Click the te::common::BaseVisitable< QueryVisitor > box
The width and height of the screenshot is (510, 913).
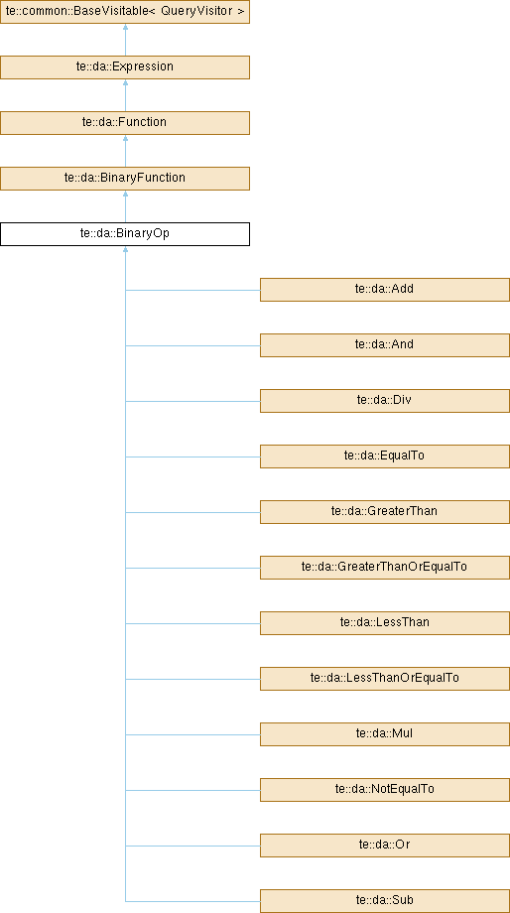click(x=125, y=12)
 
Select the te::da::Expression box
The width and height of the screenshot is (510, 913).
click(x=125, y=66)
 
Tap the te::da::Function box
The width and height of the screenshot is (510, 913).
click(x=125, y=123)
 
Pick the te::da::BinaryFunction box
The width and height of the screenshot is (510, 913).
click(x=125, y=179)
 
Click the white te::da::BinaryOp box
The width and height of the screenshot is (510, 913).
click(x=125, y=234)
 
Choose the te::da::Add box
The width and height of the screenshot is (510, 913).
click(x=385, y=290)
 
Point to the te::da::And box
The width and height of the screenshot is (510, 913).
click(x=385, y=345)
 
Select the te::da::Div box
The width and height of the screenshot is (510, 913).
click(x=385, y=401)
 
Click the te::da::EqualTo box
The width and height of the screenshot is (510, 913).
click(x=385, y=456)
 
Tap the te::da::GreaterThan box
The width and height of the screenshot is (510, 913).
click(x=385, y=512)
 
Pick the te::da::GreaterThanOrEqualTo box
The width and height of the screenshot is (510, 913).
click(x=385, y=568)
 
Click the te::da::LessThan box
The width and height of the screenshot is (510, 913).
click(x=385, y=623)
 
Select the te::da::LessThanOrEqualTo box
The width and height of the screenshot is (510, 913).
click(x=385, y=679)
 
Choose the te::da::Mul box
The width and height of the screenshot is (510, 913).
click(x=385, y=734)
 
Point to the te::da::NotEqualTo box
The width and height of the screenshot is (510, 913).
click(x=385, y=790)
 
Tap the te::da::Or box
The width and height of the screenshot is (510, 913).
click(x=385, y=846)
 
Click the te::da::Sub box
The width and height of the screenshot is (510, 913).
click(x=385, y=901)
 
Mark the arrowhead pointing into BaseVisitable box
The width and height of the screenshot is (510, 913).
click(x=125, y=28)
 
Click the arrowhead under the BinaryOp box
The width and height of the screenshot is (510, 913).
click(x=125, y=249)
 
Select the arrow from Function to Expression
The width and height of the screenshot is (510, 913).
click(x=125, y=95)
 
